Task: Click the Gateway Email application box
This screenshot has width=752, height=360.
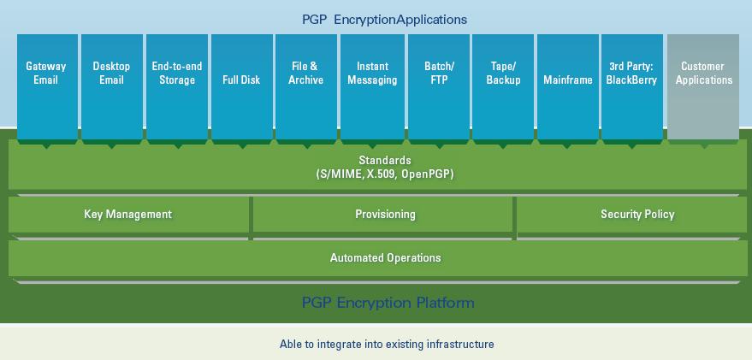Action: (x=47, y=86)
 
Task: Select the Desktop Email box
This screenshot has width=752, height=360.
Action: (x=112, y=86)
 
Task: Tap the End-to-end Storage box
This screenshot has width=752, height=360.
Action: (x=177, y=86)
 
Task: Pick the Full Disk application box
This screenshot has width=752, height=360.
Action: (x=242, y=86)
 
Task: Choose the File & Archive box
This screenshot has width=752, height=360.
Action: (x=306, y=86)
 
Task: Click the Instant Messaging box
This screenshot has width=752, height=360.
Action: (x=372, y=86)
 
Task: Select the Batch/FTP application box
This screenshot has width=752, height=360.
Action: (x=439, y=86)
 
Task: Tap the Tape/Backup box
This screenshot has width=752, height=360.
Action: (x=503, y=86)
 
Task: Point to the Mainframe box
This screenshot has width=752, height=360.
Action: (x=568, y=86)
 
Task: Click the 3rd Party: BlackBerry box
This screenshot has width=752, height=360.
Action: (x=631, y=86)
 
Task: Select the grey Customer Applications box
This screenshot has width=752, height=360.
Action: (x=703, y=86)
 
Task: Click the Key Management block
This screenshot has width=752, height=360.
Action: (x=128, y=215)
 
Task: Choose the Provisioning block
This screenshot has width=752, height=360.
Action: (x=385, y=215)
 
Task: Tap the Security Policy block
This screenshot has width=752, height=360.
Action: (x=637, y=215)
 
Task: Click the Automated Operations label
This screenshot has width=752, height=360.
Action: (x=386, y=257)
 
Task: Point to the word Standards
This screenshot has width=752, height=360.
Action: (x=385, y=160)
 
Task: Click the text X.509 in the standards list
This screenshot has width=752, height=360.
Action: (x=381, y=174)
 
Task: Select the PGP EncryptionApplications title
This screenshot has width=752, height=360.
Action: (x=384, y=19)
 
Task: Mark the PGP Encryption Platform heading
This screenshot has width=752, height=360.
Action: (x=388, y=303)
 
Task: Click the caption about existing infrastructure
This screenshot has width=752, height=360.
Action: (x=387, y=345)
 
